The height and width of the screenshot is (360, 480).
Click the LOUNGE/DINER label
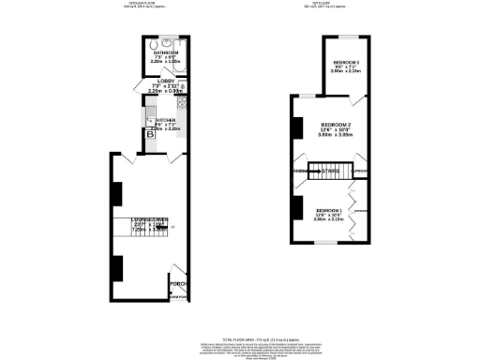tap(150, 219)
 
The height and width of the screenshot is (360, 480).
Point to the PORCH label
tap(176, 282)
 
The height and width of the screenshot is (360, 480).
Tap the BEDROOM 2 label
tap(335, 125)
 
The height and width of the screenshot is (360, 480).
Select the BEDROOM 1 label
tap(329, 209)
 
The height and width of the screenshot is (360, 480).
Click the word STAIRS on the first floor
tap(330, 171)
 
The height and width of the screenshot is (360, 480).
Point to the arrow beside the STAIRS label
tap(318, 171)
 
